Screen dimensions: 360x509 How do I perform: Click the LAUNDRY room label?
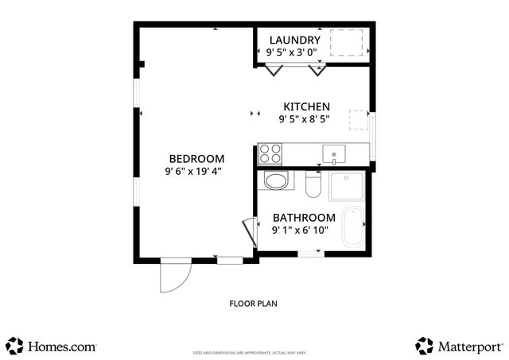[x=294, y=41]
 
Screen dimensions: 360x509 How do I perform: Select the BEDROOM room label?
[x=196, y=158]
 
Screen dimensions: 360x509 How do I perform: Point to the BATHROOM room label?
[x=304, y=218]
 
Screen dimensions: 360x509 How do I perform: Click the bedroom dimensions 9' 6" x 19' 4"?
[x=194, y=170]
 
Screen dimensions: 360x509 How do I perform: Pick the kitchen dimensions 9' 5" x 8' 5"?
[x=304, y=119]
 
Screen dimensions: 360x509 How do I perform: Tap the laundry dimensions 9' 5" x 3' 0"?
[x=289, y=52]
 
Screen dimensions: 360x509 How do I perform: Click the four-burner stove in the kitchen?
[x=270, y=152]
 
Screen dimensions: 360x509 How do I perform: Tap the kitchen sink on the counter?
[x=334, y=153]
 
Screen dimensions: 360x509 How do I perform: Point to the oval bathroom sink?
[x=276, y=181]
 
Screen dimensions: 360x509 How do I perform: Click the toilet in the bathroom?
[x=312, y=185]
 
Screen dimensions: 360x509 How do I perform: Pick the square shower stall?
[x=348, y=188]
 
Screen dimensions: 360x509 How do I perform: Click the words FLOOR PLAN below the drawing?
[x=253, y=303]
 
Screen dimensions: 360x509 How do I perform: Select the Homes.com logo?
[x=52, y=346]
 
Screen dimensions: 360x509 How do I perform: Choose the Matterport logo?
[x=460, y=346]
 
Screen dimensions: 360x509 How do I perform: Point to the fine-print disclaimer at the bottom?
[x=249, y=352]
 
